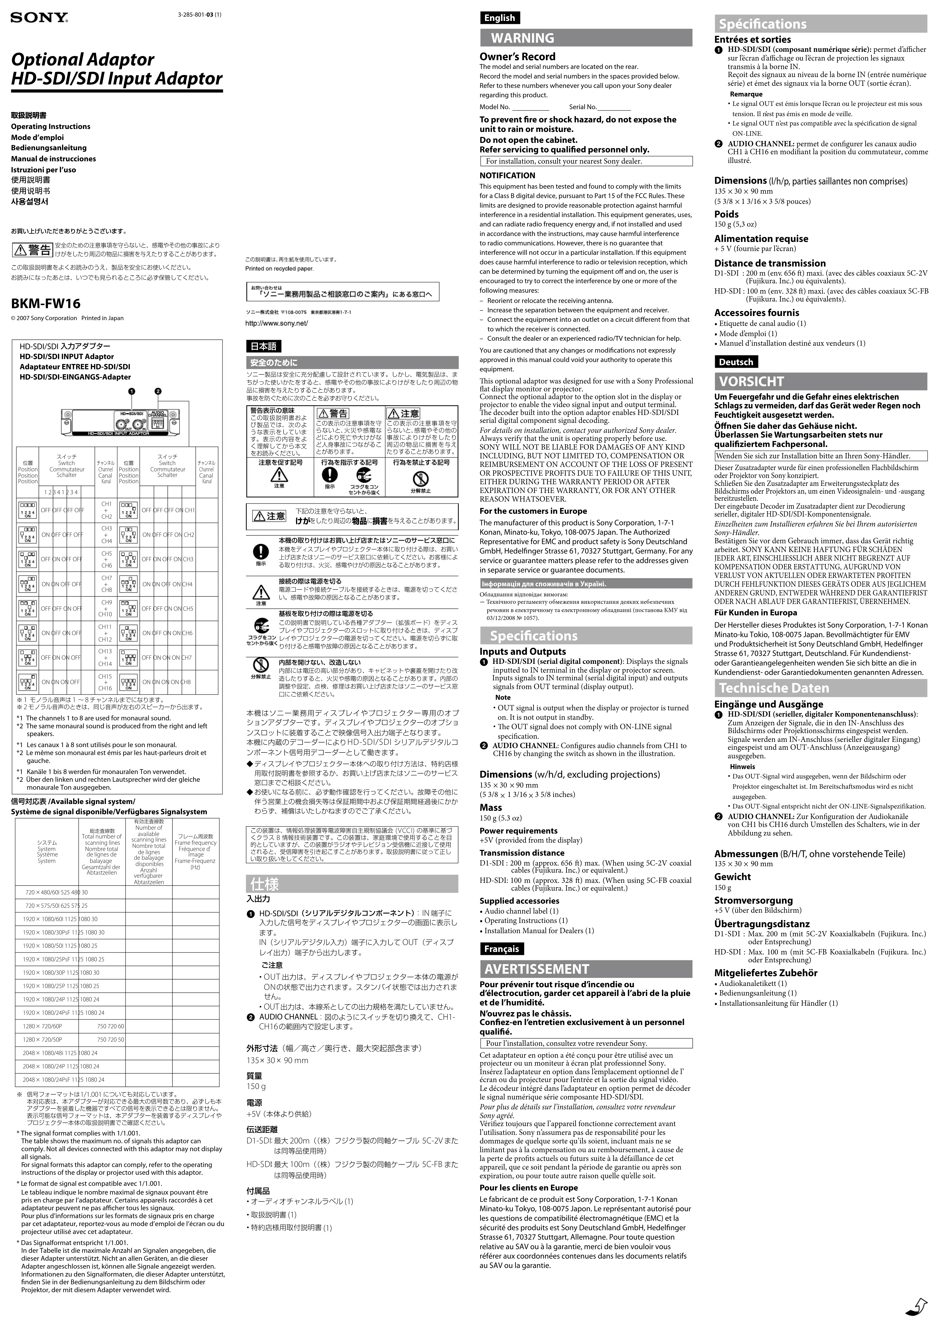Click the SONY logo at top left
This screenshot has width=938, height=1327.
(x=39, y=18)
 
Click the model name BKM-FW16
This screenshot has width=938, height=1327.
(x=46, y=303)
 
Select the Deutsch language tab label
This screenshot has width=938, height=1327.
(x=736, y=362)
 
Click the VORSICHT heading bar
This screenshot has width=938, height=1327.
(x=820, y=381)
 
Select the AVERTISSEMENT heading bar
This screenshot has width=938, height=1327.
(x=585, y=969)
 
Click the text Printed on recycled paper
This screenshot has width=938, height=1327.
(x=279, y=269)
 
